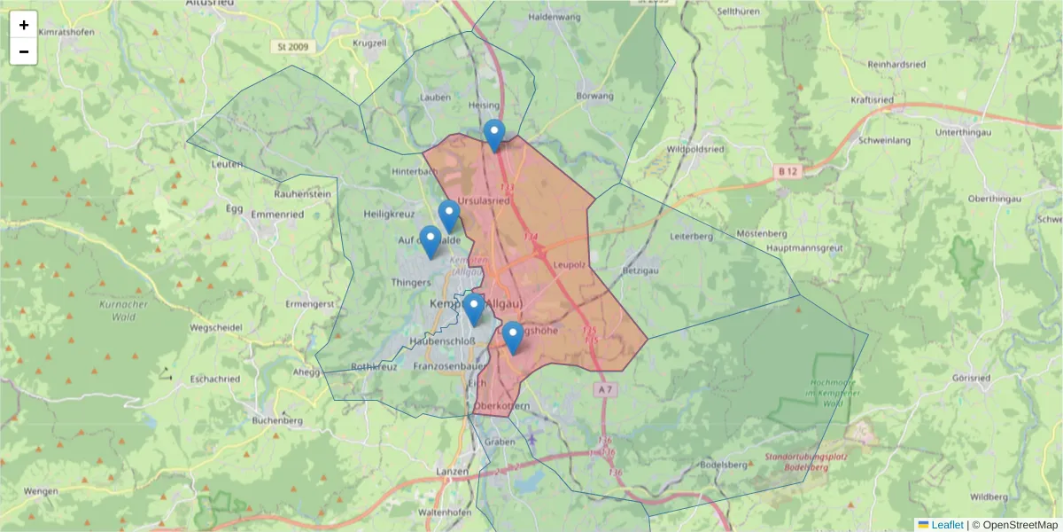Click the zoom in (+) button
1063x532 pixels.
24,25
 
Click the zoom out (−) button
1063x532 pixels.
24,51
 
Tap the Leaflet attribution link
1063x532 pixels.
946,525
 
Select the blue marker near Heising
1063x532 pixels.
494,136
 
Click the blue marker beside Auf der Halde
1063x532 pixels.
431,241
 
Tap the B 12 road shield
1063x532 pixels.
785,170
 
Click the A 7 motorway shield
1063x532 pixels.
605,389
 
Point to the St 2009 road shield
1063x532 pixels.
292,46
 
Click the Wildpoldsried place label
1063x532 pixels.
694,150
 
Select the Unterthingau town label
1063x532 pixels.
968,132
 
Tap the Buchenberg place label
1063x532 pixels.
277,420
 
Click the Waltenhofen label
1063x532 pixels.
444,512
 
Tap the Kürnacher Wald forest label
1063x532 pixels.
117,309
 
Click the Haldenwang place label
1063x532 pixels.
554,17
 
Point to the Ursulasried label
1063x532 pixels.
484,200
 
